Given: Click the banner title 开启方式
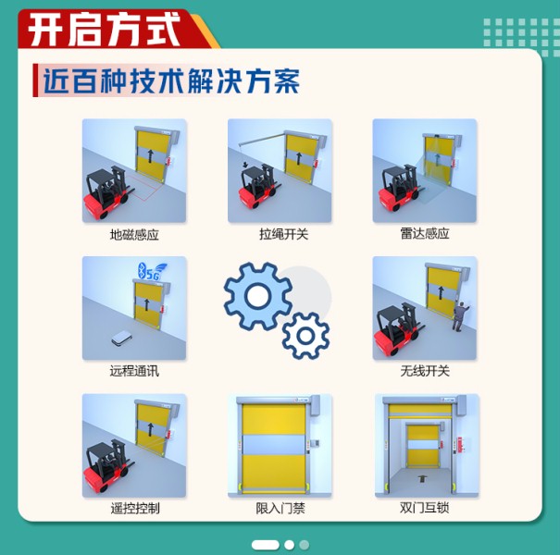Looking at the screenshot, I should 104,30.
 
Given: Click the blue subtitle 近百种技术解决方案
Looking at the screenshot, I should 171,80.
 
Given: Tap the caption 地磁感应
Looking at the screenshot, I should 134,235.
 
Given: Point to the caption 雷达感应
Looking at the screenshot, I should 425,234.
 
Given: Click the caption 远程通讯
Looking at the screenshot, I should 134,371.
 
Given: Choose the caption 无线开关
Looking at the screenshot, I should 425,371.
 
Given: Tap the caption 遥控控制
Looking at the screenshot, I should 134,508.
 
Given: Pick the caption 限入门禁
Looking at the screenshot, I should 280,508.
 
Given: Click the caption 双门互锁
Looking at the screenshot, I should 425,508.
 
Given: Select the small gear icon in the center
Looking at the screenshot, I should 305,336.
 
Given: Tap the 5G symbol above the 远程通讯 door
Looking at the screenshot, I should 149,272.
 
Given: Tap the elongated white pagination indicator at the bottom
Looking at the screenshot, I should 265,545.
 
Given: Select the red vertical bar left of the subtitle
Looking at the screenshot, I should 35,80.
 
